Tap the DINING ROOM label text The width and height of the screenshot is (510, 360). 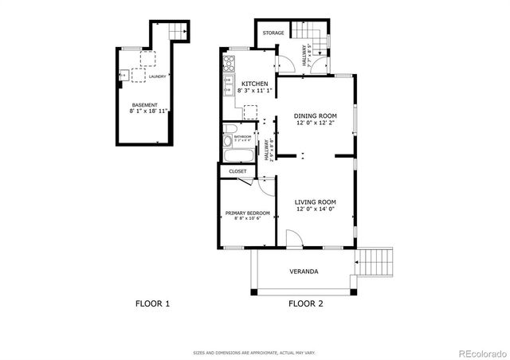tap(316, 115)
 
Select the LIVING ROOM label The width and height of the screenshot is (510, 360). tap(316, 202)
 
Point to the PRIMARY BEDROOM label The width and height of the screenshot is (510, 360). tap(247, 213)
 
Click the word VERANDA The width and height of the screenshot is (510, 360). tap(304, 272)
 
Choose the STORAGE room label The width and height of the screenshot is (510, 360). tap(273, 33)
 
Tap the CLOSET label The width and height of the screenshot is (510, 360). tap(237, 171)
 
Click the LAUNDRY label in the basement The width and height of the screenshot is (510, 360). tap(157, 76)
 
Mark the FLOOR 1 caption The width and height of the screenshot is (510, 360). tap(152, 303)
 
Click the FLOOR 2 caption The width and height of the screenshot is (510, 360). tap(305, 303)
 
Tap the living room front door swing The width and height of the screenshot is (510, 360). tap(295, 237)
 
